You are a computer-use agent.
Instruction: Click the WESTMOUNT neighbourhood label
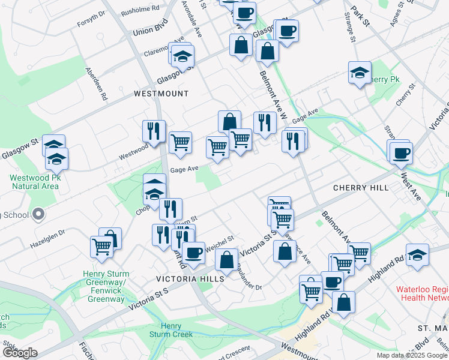click(161, 94)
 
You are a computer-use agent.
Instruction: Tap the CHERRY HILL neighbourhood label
click(361, 188)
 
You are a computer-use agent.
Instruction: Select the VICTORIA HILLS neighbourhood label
click(190, 279)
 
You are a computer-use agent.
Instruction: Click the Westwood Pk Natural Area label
click(34, 182)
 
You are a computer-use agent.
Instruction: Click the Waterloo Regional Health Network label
click(422, 293)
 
